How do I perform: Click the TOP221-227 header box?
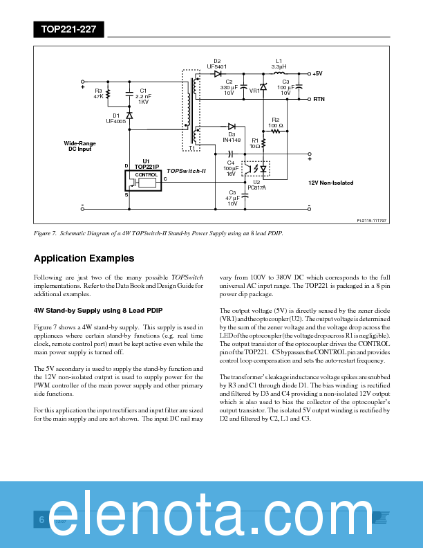pyautogui.click(x=68, y=29)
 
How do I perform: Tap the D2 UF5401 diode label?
pyautogui.click(x=217, y=64)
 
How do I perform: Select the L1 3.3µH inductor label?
pyautogui.click(x=279, y=64)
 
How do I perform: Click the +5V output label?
pyautogui.click(x=317, y=73)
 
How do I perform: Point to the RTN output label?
pyautogui.click(x=319, y=99)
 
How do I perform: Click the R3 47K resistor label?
pyautogui.click(x=98, y=93)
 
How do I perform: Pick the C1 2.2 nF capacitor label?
pyautogui.click(x=143, y=96)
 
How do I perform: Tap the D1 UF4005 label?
pyautogui.click(x=116, y=118)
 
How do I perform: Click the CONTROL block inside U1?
pyautogui.click(x=146, y=175)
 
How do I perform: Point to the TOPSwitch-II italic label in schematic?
pyautogui.click(x=187, y=170)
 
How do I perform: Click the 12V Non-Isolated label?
pyautogui.click(x=330, y=183)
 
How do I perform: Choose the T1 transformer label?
pyautogui.click(x=191, y=149)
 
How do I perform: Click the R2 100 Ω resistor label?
pyautogui.click(x=276, y=122)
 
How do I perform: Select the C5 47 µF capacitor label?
pyautogui.click(x=232, y=198)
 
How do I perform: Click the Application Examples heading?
pyautogui.click(x=84, y=258)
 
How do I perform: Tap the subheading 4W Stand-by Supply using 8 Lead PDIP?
pyautogui.click(x=98, y=309)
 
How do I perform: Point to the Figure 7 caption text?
pyautogui.click(x=158, y=233)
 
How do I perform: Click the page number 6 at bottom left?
pyautogui.click(x=41, y=520)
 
